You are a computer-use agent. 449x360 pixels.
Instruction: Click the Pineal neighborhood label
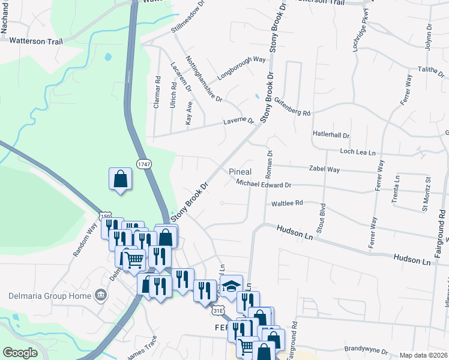240,172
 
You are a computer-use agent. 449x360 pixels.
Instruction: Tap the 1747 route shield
143,164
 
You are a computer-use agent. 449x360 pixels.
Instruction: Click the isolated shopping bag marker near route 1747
120,179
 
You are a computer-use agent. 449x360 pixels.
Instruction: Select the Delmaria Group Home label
48,295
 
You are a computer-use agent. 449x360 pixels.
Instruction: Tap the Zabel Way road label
324,170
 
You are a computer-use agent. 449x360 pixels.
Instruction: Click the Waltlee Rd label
287,204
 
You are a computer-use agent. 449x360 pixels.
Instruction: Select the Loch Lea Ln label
361,152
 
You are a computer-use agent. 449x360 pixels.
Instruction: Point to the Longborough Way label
242,60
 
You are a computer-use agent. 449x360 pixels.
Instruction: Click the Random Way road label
85,240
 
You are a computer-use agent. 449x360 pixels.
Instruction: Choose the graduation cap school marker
231,286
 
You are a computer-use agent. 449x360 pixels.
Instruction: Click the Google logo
20,353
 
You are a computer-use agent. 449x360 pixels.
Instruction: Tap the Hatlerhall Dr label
331,136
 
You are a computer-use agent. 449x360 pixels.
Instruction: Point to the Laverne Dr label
239,120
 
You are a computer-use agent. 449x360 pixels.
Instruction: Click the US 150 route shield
106,217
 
